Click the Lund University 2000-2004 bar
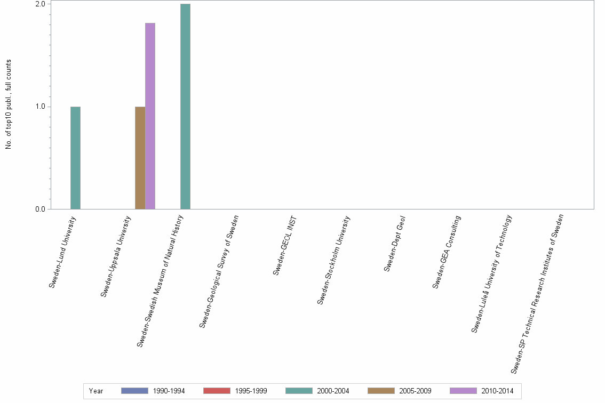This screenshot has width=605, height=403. tap(75, 158)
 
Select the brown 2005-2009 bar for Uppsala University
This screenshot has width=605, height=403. tap(140, 158)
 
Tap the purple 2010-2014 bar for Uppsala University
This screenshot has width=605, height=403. tap(150, 116)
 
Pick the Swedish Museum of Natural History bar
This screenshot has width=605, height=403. tap(185, 107)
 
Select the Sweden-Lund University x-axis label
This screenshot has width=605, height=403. tap(62, 252)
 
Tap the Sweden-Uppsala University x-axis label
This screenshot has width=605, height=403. tap(116, 256)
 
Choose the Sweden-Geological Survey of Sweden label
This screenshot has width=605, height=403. tap(219, 271)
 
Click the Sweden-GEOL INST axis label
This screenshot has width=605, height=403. tap(284, 246)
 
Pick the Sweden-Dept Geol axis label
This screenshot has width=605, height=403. tap(395, 244)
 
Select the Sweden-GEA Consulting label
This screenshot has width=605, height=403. tap(447, 252)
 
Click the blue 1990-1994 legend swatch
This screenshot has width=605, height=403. tap(134, 391)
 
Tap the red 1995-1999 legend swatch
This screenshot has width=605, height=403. tap(216, 391)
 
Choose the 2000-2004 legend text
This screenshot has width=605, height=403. tap(333, 391)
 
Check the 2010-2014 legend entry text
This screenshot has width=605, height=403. tap(497, 391)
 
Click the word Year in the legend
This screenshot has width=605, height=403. tap(96, 391)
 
